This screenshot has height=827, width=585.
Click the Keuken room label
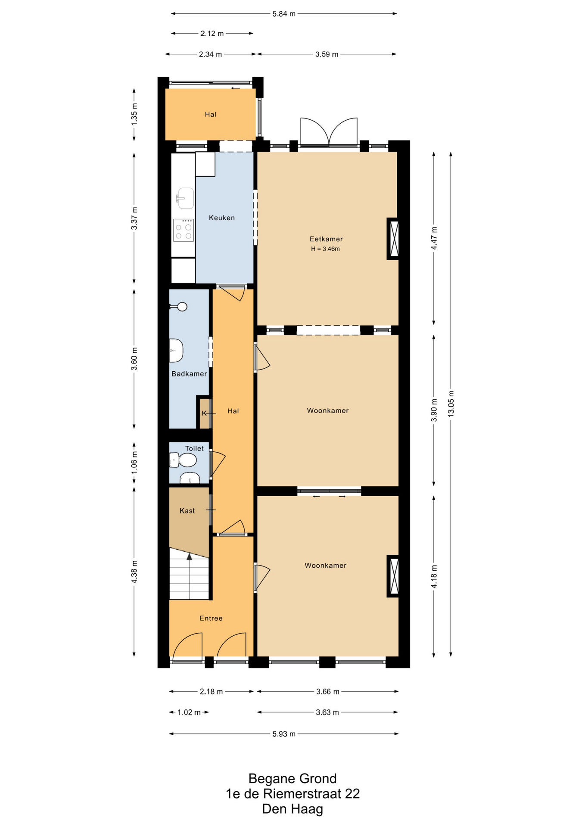click(x=222, y=218)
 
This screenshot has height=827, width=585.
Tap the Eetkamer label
click(x=326, y=239)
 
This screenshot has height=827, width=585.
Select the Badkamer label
click(x=189, y=374)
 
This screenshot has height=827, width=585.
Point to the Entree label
click(x=211, y=618)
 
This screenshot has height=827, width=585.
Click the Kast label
click(x=187, y=511)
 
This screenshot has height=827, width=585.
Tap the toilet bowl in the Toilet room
click(x=183, y=460)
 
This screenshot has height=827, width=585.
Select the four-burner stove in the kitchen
click(x=184, y=230)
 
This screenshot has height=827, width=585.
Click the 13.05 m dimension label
click(x=451, y=403)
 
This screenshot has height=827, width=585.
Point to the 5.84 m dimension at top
click(x=284, y=14)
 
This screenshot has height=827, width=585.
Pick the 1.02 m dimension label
click(x=189, y=712)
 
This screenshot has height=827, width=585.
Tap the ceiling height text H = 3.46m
click(x=326, y=249)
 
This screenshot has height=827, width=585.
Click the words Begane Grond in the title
click(x=292, y=779)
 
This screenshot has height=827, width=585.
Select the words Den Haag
click(x=292, y=809)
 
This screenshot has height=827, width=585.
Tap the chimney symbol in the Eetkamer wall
click(x=393, y=239)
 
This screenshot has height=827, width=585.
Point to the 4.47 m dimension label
click(x=434, y=238)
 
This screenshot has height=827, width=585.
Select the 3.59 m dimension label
click(x=327, y=54)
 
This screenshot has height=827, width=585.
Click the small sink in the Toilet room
click(x=190, y=478)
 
